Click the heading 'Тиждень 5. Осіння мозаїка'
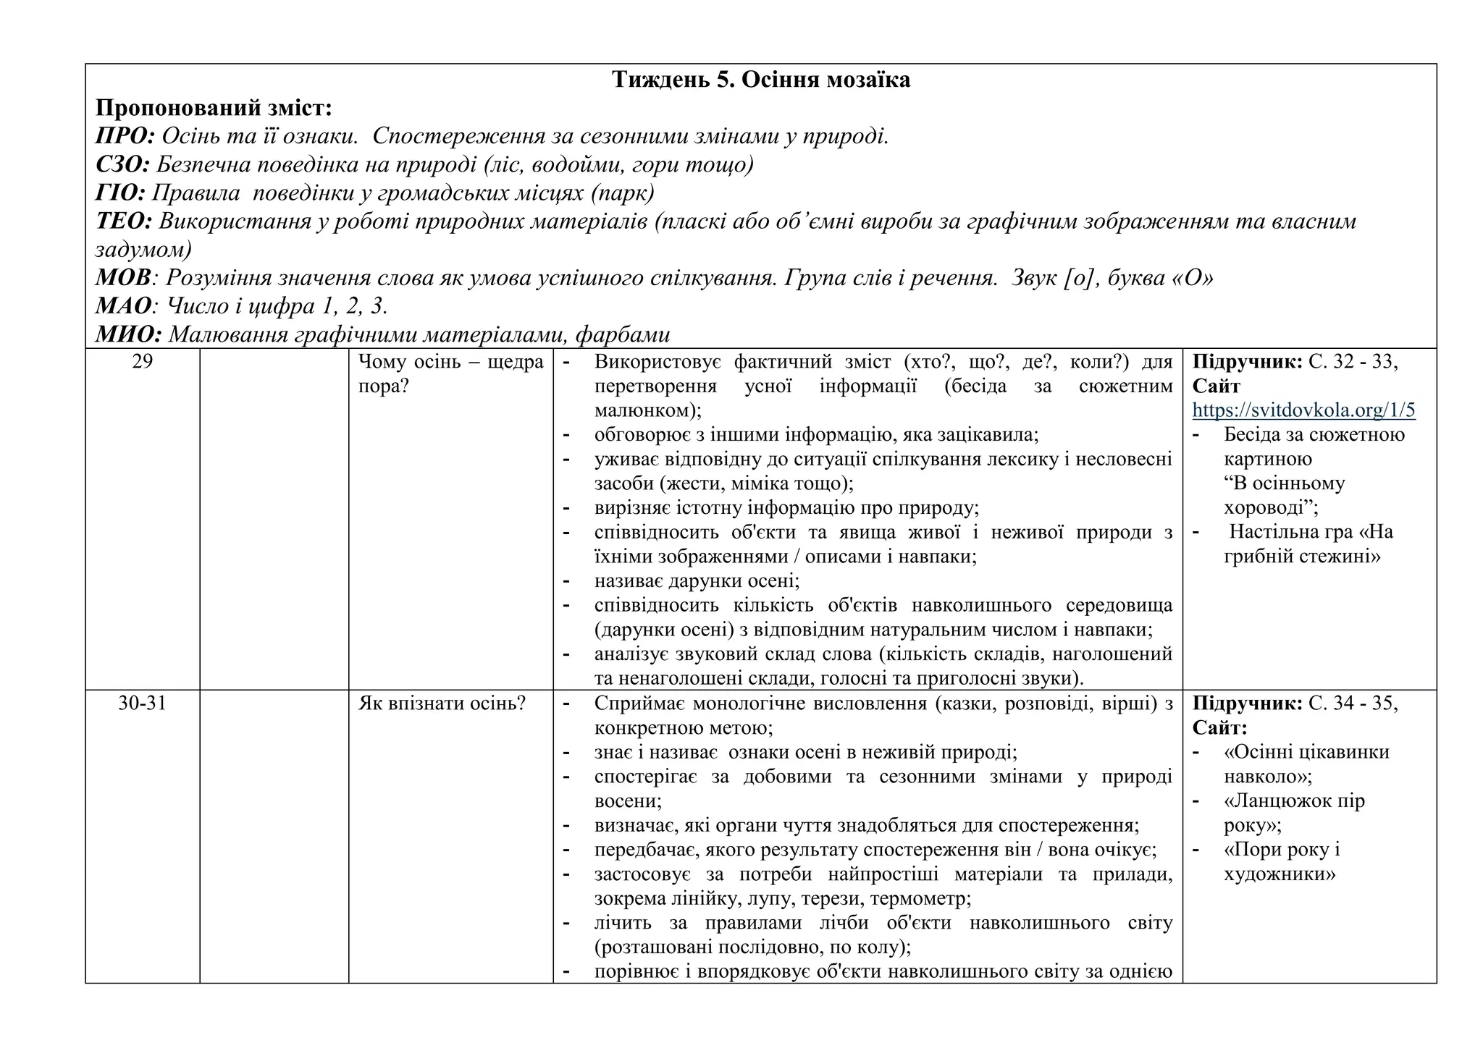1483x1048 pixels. [760, 80]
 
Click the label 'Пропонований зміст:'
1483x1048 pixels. [214, 109]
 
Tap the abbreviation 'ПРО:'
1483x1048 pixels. [125, 136]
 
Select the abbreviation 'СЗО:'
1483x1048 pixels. [122, 165]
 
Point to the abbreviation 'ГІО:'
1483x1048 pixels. [120, 193]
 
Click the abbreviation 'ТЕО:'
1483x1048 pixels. [123, 221]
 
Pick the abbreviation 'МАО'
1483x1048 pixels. [122, 306]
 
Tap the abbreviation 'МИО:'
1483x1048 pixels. [128, 334]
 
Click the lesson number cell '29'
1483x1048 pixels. [143, 361]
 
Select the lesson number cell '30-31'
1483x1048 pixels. [143, 703]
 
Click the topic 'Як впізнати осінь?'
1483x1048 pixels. [442, 703]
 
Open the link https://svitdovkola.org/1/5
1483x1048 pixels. [1303, 410]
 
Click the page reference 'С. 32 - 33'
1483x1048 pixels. [1352, 362]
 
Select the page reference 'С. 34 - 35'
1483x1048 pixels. [1352, 703]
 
